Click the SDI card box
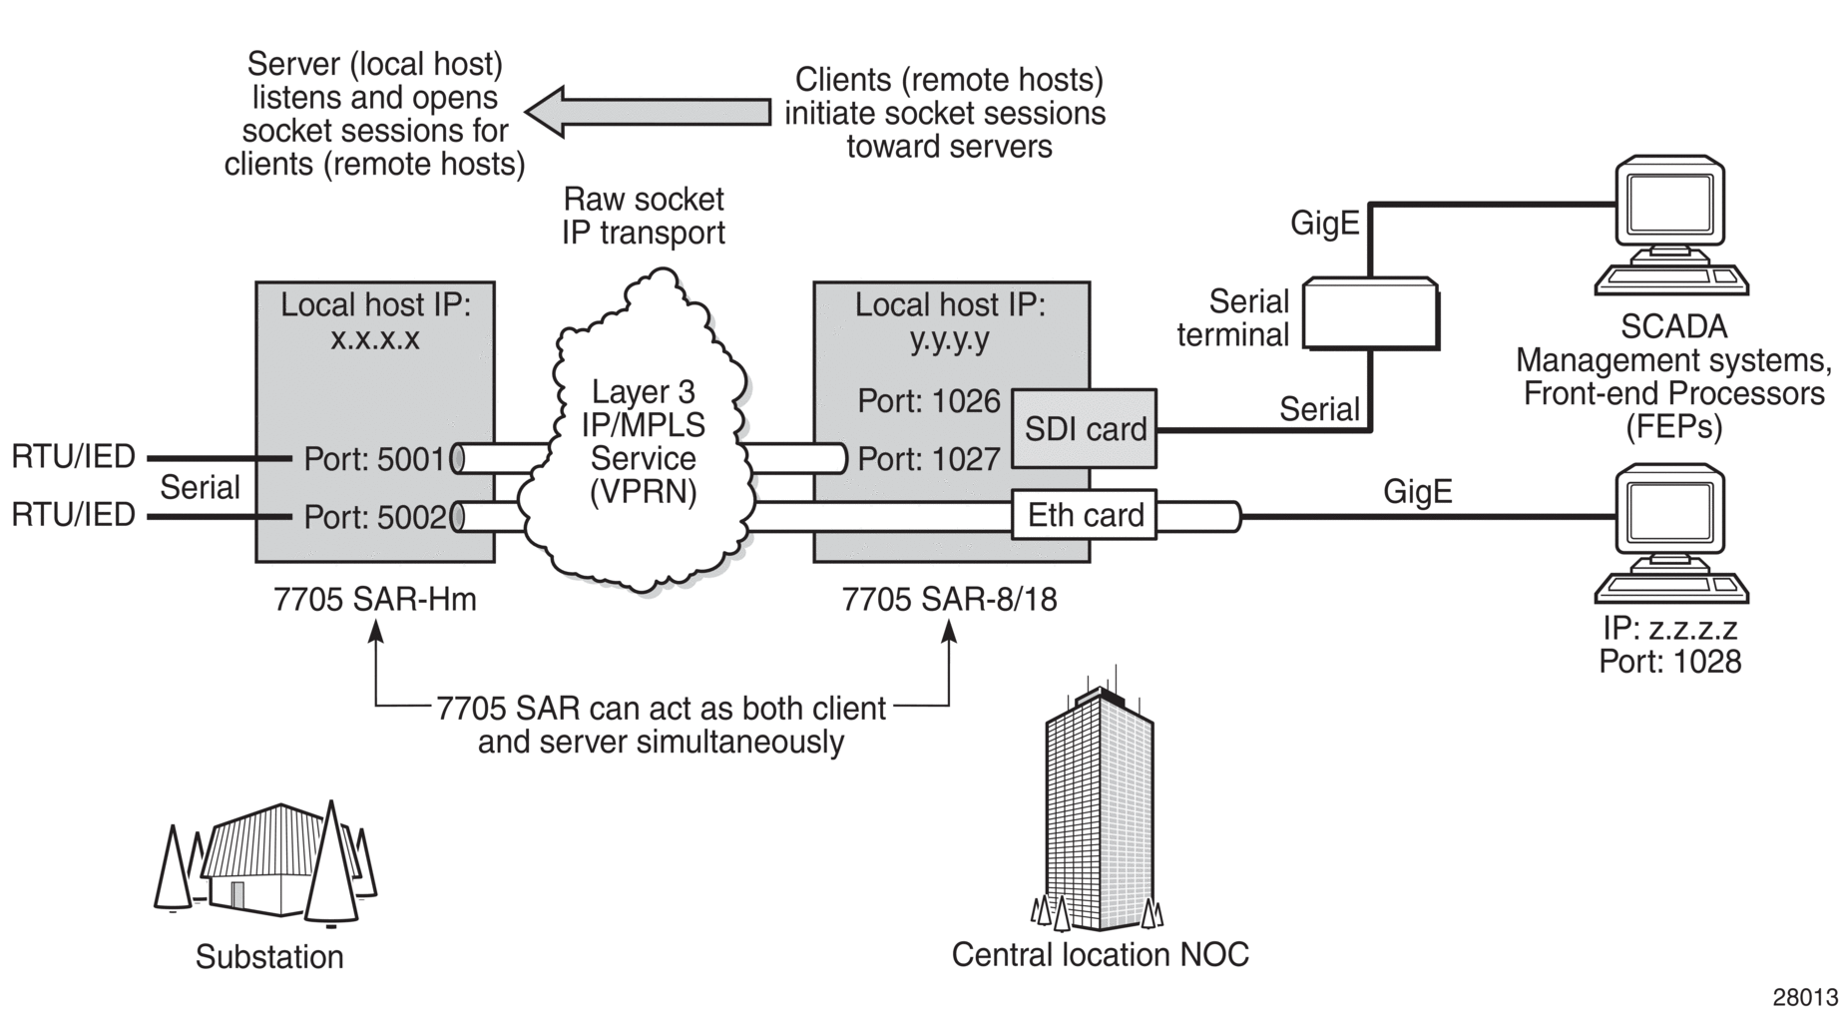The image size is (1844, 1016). click(x=1085, y=429)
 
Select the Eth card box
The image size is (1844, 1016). click(x=1085, y=515)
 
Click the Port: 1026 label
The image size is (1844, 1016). click(x=929, y=401)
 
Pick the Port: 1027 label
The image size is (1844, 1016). click(x=929, y=459)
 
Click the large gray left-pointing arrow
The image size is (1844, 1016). click(x=649, y=112)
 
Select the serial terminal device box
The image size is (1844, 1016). click(x=1371, y=313)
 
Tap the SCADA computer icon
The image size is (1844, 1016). click(x=1671, y=226)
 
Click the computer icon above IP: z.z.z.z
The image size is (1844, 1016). click(x=1671, y=534)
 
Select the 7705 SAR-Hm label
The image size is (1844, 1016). click(x=375, y=600)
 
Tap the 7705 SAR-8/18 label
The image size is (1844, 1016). click(x=950, y=600)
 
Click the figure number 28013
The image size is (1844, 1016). click(x=1805, y=997)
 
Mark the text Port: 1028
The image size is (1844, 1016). click(x=1670, y=662)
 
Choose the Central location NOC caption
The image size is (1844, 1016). click(x=1100, y=955)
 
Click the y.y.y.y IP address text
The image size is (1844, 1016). click(x=950, y=339)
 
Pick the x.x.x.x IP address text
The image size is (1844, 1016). click(x=375, y=339)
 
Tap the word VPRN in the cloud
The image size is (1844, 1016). click(x=644, y=492)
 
